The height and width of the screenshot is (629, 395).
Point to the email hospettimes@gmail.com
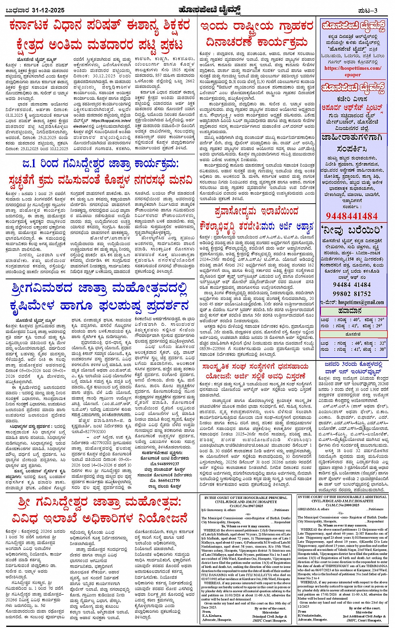point(361,302)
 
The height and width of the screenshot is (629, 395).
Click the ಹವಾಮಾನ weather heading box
point(353,311)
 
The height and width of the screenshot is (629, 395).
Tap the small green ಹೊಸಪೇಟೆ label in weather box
point(353,335)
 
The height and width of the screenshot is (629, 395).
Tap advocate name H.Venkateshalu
point(312,616)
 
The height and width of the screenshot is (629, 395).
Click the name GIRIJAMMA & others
point(313,509)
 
